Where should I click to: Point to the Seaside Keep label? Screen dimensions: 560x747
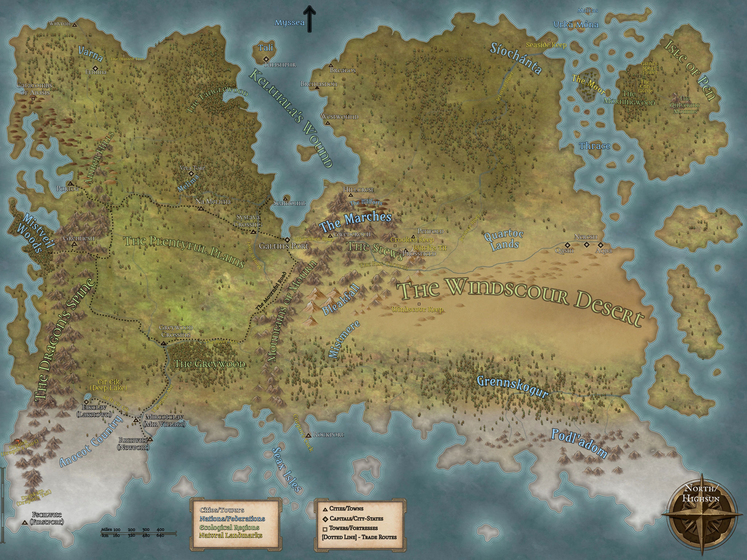tap(546, 45)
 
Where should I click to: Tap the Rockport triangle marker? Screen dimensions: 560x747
tap(308, 435)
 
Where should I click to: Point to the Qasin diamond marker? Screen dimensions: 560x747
tap(568, 245)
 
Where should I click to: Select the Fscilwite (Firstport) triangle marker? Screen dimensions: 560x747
tap(25, 522)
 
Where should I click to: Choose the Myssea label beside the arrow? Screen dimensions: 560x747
tap(289, 23)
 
